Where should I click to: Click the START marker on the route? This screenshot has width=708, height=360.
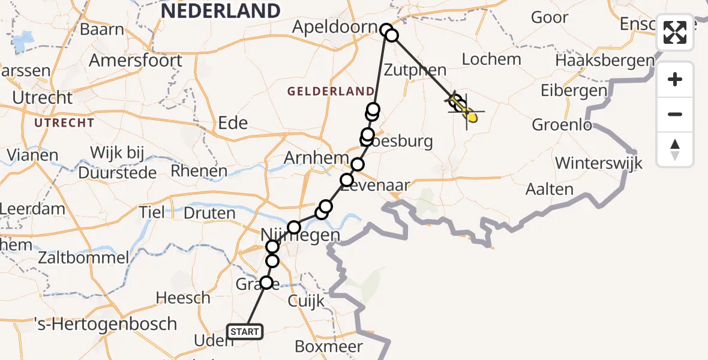pos(245,331)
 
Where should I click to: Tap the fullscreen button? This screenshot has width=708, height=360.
pos(675,32)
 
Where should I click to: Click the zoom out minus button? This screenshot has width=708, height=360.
pos(675,114)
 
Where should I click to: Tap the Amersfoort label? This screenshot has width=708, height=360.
pos(136,61)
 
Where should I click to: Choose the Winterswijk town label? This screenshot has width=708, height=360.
pos(598,163)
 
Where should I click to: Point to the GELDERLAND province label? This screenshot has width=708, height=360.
pos(331,91)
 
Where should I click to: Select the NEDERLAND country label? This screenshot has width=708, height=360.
pos(220,10)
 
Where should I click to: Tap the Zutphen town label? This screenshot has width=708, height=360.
pos(416,70)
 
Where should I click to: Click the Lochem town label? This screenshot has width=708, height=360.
pos(491,59)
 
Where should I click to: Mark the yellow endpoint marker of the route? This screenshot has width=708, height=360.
pos(472,117)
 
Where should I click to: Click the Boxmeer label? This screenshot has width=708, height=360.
pos(329,346)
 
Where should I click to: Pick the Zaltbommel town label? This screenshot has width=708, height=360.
pos(83,258)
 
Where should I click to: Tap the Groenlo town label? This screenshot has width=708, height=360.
pos(562,125)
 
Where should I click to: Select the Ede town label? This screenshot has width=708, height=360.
pos(232,123)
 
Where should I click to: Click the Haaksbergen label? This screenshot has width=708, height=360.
pos(605,61)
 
